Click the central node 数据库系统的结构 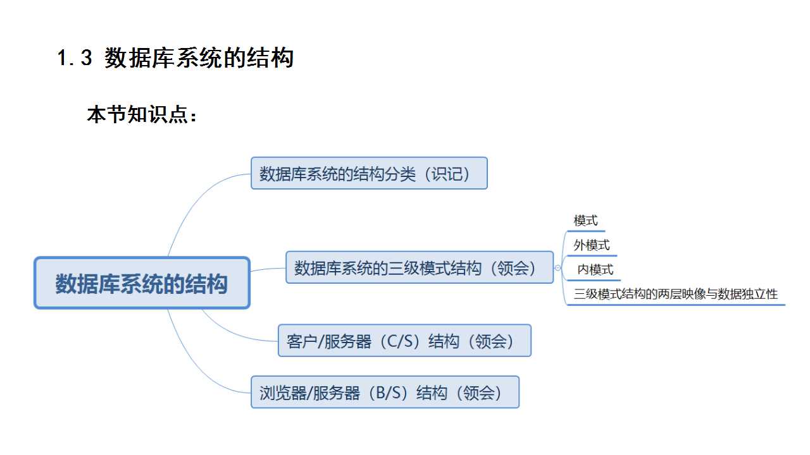tap(142, 283)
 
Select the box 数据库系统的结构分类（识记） tap(369, 173)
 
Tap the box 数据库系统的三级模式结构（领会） tap(419, 267)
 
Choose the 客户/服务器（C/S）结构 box tap(404, 341)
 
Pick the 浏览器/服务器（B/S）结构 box tap(385, 392)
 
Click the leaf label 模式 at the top tap(585, 221)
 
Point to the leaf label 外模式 tap(592, 245)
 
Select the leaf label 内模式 tap(595, 270)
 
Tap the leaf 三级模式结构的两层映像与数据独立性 tap(675, 294)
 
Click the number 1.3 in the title tap(75, 59)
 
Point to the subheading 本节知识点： tap(142, 116)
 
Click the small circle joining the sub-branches tap(558, 268)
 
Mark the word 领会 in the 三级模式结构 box tap(513, 268)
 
